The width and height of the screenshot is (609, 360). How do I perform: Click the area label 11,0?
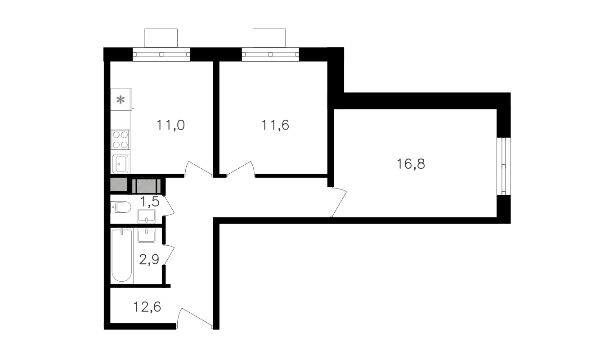[x=171, y=126]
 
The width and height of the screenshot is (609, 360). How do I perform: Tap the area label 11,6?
[x=275, y=125]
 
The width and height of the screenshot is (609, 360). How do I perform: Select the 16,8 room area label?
[x=411, y=164]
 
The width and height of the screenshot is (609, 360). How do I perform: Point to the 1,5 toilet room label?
[x=149, y=202]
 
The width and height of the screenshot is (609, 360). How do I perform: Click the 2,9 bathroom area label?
[x=149, y=259]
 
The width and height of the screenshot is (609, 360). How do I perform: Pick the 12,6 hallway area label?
[x=147, y=306]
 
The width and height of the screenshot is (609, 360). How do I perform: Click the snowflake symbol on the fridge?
[x=120, y=99]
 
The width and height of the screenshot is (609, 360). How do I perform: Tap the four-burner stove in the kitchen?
[x=120, y=140]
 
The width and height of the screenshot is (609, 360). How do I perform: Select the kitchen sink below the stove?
[x=121, y=164]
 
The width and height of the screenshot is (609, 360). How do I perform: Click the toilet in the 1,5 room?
[x=121, y=207]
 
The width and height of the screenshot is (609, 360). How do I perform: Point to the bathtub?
[x=122, y=256]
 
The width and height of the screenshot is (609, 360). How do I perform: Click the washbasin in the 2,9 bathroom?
[x=147, y=235]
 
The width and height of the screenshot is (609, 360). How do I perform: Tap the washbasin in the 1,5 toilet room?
[x=147, y=216]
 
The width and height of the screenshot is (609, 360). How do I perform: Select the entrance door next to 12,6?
[x=194, y=318]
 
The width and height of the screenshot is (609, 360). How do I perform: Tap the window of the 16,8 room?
[x=503, y=166]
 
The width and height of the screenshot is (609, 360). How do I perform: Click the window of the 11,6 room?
[x=270, y=54]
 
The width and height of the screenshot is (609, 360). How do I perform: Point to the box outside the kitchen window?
[x=161, y=38]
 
